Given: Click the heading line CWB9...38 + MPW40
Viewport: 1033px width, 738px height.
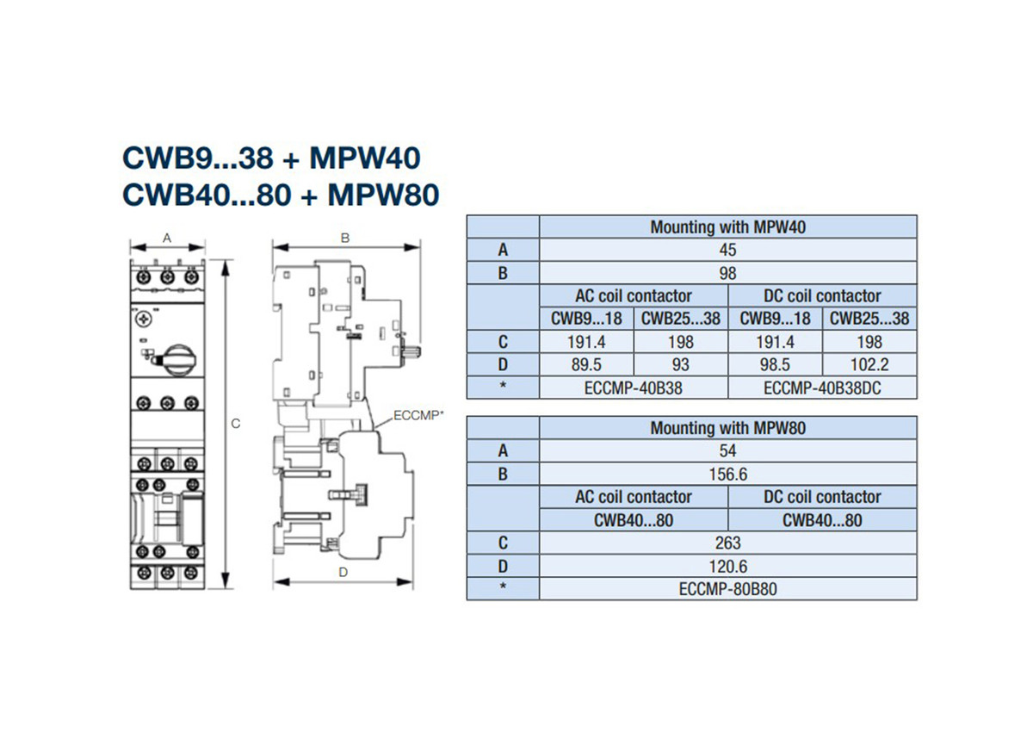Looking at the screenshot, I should pos(272,159).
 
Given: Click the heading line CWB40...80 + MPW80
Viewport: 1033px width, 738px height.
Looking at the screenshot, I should pos(281,194).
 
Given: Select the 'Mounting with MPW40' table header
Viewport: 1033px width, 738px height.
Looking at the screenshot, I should pos(727,227).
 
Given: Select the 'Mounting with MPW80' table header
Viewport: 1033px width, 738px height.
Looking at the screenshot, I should pos(727,428).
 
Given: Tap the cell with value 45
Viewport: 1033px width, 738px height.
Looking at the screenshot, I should pos(727,251).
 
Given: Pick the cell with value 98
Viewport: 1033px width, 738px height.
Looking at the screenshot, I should pos(727,274).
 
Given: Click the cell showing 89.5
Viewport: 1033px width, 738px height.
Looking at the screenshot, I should pos(585,365).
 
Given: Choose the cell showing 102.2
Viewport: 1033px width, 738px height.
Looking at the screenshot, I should pos(869,365).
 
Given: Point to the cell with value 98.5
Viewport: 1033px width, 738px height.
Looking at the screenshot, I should pos(775,365).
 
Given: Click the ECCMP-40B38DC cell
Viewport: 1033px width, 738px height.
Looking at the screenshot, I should pos(822,388).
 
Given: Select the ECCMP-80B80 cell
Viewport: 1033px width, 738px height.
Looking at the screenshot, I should pos(727,589).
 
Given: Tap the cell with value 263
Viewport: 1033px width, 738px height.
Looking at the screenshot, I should pos(727,543).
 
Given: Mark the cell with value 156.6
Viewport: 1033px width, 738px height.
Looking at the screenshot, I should pos(727,474).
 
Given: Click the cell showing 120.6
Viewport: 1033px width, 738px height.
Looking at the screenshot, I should pos(727,567).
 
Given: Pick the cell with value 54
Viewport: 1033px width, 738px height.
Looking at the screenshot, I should pos(727,451).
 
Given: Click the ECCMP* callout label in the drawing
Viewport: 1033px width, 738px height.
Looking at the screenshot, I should pos(418,415).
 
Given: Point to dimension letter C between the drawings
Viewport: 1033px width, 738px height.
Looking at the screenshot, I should pos(236,424).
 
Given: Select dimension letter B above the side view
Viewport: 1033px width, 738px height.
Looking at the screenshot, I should pos(345,238).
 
